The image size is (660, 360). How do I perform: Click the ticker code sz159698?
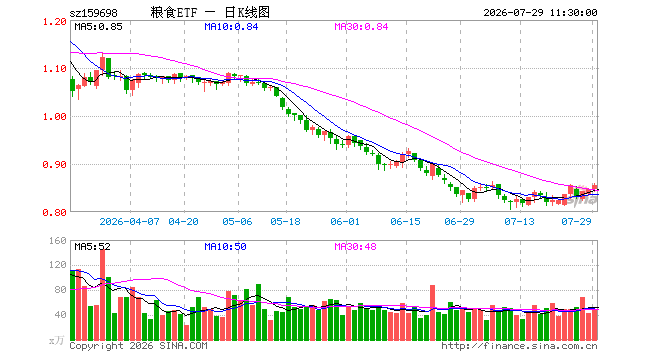coord(93,13)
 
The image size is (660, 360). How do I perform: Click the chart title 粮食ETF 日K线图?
coord(210,12)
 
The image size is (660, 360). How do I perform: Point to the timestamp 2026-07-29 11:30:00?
coord(540,13)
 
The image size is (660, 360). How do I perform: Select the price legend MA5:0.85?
coord(98,27)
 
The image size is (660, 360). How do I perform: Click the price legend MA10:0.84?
coord(231,27)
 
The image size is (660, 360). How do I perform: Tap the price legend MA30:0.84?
coord(361,27)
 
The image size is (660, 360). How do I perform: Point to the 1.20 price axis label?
coord(55,21)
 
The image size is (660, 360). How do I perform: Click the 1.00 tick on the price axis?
coord(55,117)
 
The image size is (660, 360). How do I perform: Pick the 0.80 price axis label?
coord(55,213)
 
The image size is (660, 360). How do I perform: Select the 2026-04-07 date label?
coord(130,221)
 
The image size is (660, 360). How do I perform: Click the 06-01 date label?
coord(345,221)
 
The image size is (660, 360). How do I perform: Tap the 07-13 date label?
coord(519,221)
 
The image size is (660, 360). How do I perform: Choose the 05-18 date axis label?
coord(285,221)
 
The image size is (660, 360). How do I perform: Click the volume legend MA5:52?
coord(93,246)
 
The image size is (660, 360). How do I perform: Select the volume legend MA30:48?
coord(355,246)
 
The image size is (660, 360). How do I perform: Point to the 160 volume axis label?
coord(58,240)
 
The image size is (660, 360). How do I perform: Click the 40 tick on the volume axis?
coord(61,315)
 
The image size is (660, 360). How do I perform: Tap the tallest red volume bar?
coord(103,294)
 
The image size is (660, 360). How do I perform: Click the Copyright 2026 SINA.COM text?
coord(138,346)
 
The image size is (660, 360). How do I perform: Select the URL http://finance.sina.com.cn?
coord(519,346)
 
